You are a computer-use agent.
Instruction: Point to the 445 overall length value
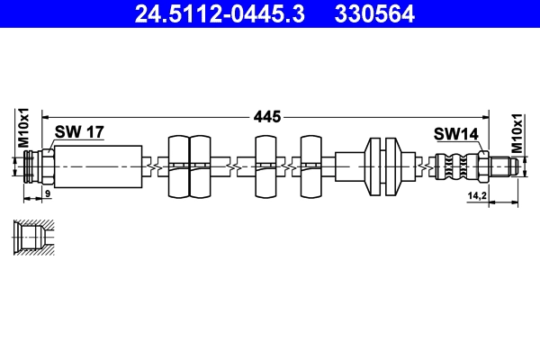(266, 116)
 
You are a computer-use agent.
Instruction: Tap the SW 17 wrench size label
(79, 132)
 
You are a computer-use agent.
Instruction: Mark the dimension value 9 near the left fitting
(47, 194)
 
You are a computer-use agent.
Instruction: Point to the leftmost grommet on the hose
(178, 166)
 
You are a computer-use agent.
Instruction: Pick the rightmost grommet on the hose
(311, 166)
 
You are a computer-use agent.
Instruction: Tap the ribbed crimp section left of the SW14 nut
(455, 166)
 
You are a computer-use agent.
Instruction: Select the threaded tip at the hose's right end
(506, 166)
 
